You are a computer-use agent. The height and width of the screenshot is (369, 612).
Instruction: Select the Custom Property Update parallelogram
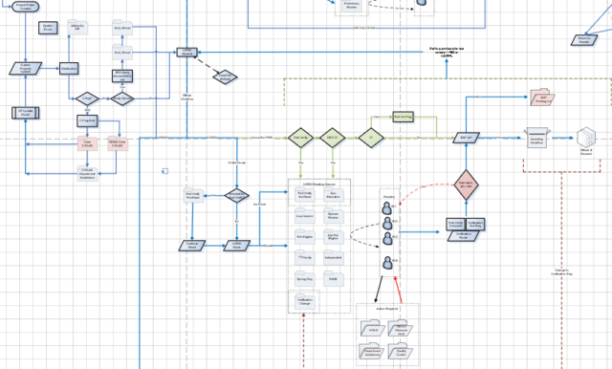[x=28, y=70]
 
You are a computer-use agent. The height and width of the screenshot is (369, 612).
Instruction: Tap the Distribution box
[x=69, y=70]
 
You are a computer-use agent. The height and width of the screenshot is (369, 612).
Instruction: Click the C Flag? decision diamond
[x=86, y=98]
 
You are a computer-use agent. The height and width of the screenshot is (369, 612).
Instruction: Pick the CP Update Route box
[x=28, y=113]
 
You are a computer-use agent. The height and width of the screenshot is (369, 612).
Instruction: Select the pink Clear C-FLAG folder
[x=87, y=142]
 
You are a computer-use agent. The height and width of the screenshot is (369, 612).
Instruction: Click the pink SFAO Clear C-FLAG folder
[x=120, y=142]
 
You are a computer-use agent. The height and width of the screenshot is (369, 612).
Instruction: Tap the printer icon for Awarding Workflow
[x=535, y=138]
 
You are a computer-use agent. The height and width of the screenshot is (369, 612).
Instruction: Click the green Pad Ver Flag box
[x=404, y=117]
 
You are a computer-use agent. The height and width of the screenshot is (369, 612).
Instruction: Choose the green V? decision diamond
[x=367, y=138]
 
